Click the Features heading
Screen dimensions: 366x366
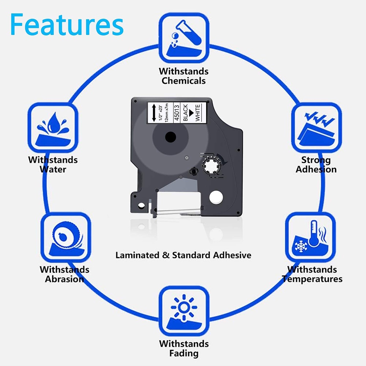pyautogui.click(x=67, y=25)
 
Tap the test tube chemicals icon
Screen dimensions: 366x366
pyautogui.click(x=184, y=38)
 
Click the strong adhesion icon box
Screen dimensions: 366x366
pyautogui.click(x=315, y=127)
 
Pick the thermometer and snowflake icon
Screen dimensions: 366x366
pyautogui.click(x=310, y=237)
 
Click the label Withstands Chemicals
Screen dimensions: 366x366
pyautogui.click(x=184, y=76)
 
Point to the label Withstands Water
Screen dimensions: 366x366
pyautogui.click(x=53, y=164)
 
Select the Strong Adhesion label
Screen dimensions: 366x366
pyautogui.click(x=316, y=164)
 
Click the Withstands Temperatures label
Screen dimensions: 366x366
pyautogui.click(x=312, y=274)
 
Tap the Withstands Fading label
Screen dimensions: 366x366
pyautogui.click(x=184, y=348)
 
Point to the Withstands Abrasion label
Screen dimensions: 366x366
pyautogui.click(x=64, y=274)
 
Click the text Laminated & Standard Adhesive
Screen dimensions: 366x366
pyautogui.click(x=183, y=255)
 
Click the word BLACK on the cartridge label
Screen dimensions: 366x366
pyautogui.click(x=186, y=112)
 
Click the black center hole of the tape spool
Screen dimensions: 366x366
pyautogui.click(x=171, y=138)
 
